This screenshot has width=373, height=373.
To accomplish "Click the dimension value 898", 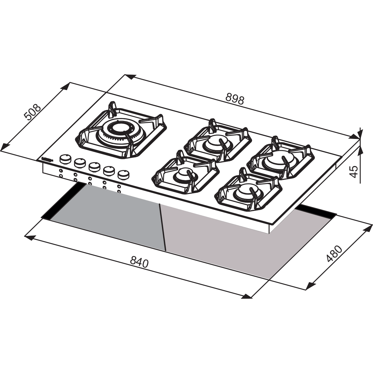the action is coord(235,99).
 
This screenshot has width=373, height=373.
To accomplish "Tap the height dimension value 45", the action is coord(354,171).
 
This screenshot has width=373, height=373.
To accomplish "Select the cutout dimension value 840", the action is coord(139,261).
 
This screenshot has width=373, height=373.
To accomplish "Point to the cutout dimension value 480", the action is coord(334,254).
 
